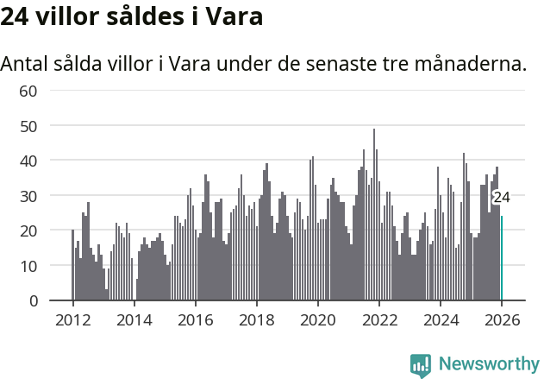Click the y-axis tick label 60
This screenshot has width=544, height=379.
pyautogui.click(x=28, y=91)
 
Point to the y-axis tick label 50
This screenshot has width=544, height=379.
pyautogui.click(x=28, y=126)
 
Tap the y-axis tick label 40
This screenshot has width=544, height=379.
pyautogui.click(x=28, y=161)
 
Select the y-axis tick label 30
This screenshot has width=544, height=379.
pyautogui.click(x=28, y=196)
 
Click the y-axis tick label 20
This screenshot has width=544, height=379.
pyautogui.click(x=28, y=231)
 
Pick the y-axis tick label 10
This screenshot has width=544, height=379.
pyautogui.click(x=28, y=266)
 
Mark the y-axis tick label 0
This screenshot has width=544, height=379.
pyautogui.click(x=33, y=301)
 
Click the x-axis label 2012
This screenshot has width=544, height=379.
pyautogui.click(x=72, y=319)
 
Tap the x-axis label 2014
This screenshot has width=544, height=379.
pyautogui.click(x=134, y=319)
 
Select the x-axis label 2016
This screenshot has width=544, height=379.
pyautogui.click(x=195, y=319)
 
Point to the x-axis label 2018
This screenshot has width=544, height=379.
pyautogui.click(x=256, y=319)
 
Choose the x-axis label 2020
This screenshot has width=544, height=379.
pyautogui.click(x=317, y=319)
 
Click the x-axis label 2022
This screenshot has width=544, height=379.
pyautogui.click(x=378, y=319)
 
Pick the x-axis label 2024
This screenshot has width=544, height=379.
pyautogui.click(x=440, y=319)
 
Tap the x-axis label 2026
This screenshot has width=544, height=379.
pyautogui.click(x=501, y=319)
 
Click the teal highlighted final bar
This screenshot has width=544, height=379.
pyautogui.click(x=502, y=259)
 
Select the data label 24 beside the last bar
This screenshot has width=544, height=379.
pyautogui.click(x=501, y=197)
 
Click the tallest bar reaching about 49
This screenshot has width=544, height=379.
pyautogui.click(x=373, y=216)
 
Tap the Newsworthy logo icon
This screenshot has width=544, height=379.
pyautogui.click(x=421, y=364)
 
